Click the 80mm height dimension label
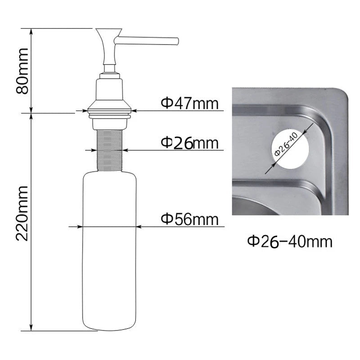pos(22,71)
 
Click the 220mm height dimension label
pos(22,213)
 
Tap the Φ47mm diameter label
pos(189,103)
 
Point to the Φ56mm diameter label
pos(189,219)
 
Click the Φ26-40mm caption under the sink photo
pos(290,242)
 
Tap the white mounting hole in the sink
pos(290,148)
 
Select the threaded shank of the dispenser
pos(109,150)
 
